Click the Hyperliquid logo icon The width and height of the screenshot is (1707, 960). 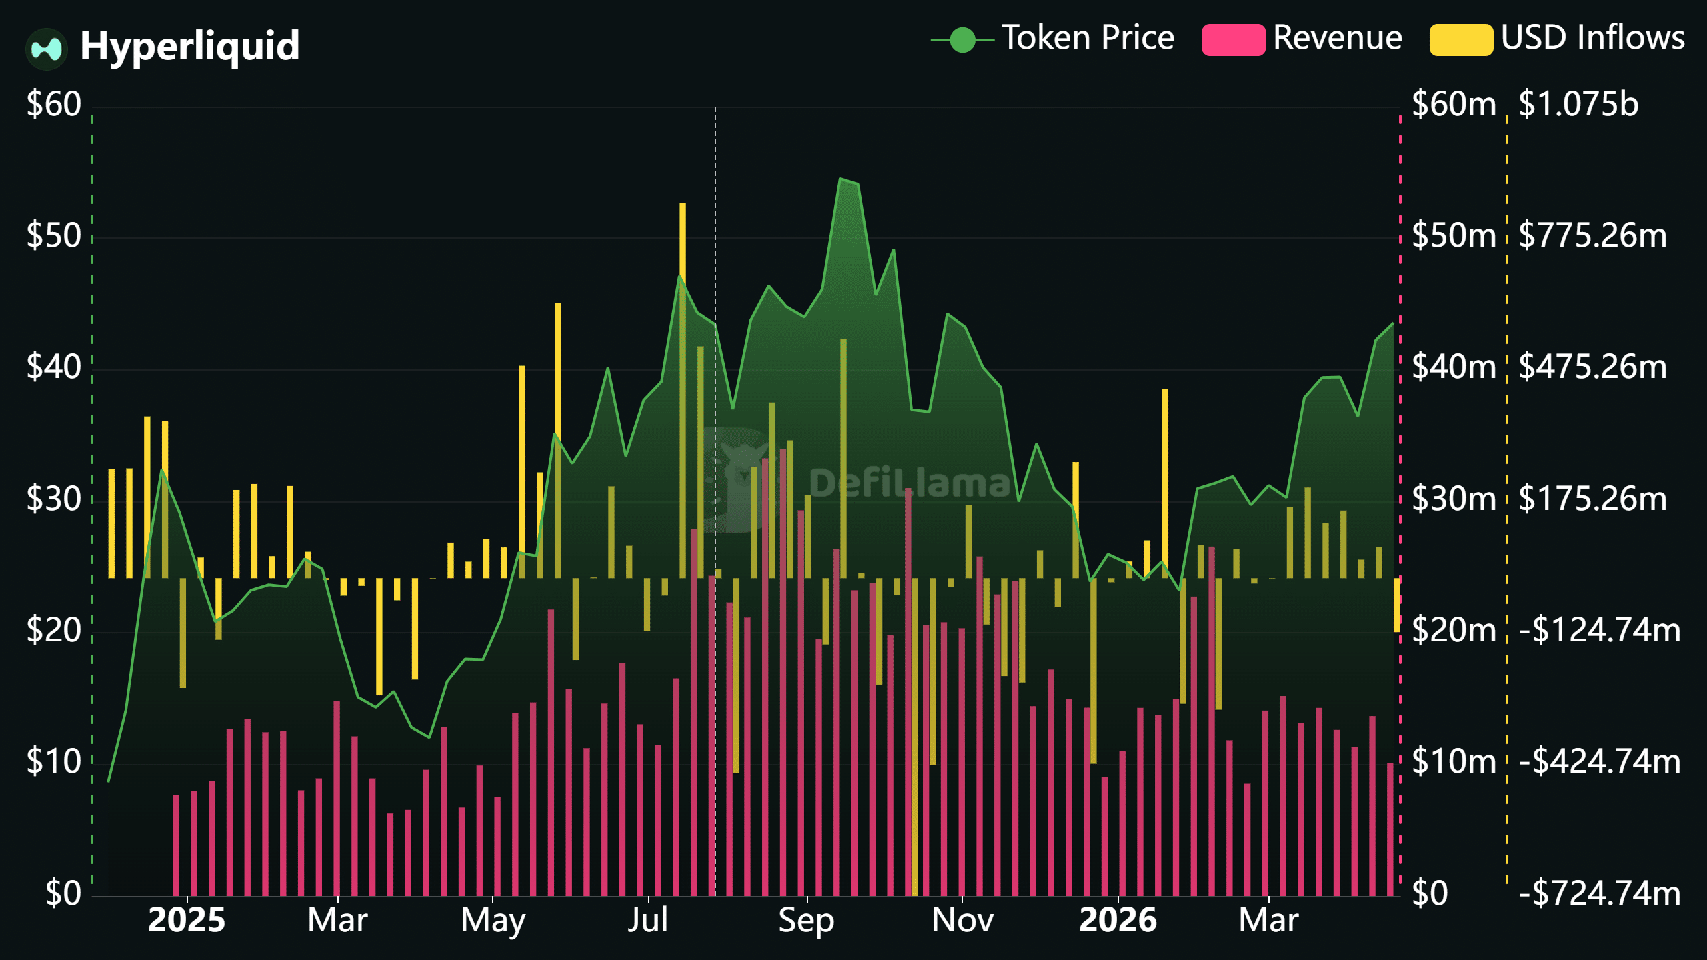(47, 49)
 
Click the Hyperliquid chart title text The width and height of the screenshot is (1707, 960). (190, 46)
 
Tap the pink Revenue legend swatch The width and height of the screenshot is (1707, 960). (1232, 40)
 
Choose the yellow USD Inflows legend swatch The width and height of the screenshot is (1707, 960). (1460, 40)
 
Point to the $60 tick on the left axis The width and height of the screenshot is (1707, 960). (53, 104)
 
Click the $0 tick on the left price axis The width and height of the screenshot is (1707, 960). (63, 893)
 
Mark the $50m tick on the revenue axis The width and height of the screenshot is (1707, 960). (1454, 235)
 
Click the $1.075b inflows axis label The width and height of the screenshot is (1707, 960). (1578, 104)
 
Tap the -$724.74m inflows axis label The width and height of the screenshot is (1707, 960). (1599, 893)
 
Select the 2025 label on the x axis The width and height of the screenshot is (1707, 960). (187, 921)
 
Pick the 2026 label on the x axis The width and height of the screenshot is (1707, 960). (1118, 921)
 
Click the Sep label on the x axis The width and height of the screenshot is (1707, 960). (806, 921)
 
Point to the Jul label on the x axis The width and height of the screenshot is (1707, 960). (647, 921)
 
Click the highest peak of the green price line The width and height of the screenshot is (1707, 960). (841, 179)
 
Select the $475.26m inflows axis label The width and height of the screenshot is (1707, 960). (1592, 367)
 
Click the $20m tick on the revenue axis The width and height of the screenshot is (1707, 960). (1454, 630)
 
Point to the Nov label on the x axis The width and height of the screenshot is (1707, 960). (962, 921)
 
